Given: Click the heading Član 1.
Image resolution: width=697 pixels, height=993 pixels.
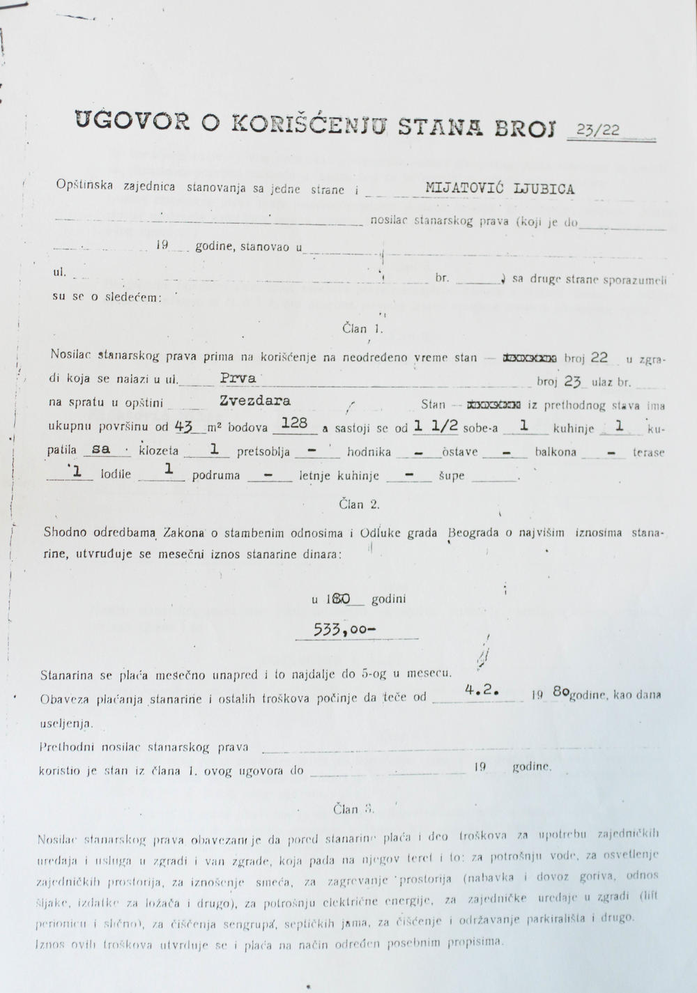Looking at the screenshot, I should click(362, 328).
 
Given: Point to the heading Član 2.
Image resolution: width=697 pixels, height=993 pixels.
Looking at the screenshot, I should click(359, 504).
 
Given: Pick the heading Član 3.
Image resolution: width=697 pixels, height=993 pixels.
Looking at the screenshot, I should click(353, 809).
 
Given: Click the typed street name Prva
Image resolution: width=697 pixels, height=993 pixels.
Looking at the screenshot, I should click(238, 379).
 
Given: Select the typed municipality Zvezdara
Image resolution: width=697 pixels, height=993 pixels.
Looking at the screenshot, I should click(254, 401).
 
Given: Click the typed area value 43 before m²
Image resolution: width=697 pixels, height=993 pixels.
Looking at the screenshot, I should click(184, 426).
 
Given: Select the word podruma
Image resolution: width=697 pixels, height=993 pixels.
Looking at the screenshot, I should click(217, 475).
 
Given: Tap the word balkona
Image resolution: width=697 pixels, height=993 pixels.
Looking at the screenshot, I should click(556, 452).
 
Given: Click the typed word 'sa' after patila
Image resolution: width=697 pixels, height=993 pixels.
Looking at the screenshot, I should click(101, 449).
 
